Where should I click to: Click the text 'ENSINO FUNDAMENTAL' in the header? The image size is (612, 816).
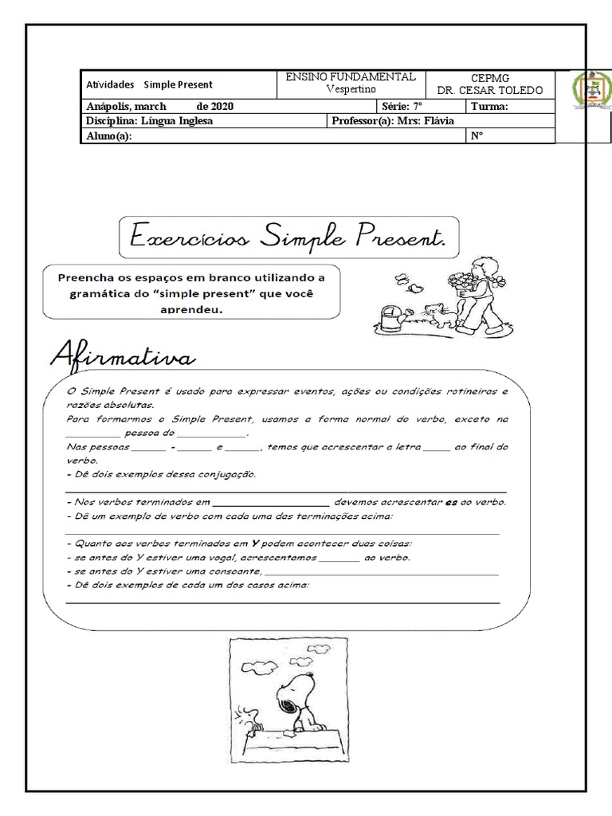[x=351, y=77]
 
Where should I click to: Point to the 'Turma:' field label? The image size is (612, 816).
[x=489, y=106]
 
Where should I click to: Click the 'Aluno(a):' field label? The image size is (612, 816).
[x=109, y=135]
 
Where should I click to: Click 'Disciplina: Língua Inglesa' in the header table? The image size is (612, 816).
[x=150, y=121]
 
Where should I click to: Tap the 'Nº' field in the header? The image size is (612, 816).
[x=477, y=135]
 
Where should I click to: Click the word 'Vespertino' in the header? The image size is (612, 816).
[x=351, y=89]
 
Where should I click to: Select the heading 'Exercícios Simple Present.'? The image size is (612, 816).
[x=288, y=237]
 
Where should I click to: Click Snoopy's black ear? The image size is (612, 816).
[x=288, y=702]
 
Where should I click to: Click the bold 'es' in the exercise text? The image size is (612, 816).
[x=451, y=502]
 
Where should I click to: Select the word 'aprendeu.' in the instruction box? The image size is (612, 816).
[x=190, y=310]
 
